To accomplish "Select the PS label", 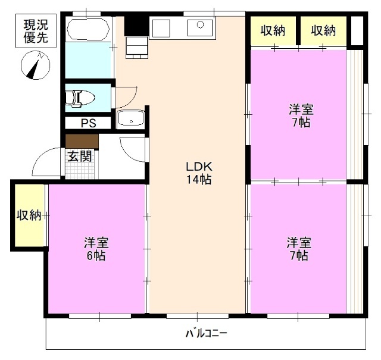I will coord(88,123).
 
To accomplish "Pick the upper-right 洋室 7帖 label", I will coord(299,116).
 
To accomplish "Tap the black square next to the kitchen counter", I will coord(135,26).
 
